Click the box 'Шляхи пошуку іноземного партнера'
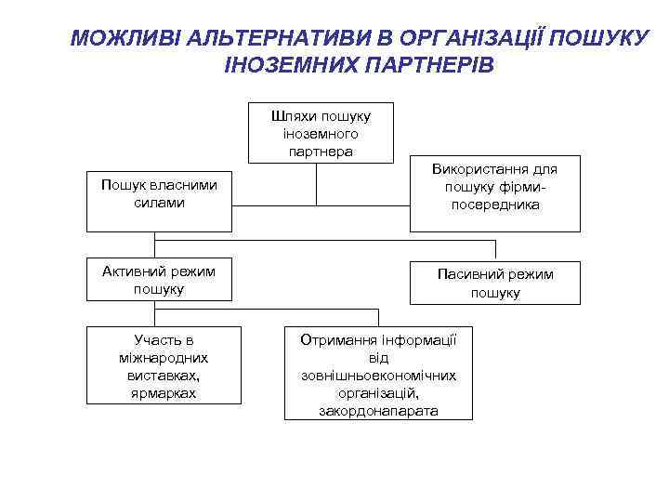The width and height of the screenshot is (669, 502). (x=321, y=133)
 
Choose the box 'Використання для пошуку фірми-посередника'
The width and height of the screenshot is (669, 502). (x=494, y=193)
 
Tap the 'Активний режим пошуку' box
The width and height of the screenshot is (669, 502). (x=158, y=280)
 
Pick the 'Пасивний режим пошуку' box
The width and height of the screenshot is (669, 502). (x=494, y=283)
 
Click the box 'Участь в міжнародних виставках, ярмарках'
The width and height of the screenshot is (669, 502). (x=164, y=364)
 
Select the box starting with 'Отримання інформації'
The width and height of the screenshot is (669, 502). (x=378, y=373)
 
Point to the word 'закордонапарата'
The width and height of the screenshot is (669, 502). (x=378, y=410)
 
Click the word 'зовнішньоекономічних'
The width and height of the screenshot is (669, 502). (x=378, y=376)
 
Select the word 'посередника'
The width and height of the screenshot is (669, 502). (x=494, y=205)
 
